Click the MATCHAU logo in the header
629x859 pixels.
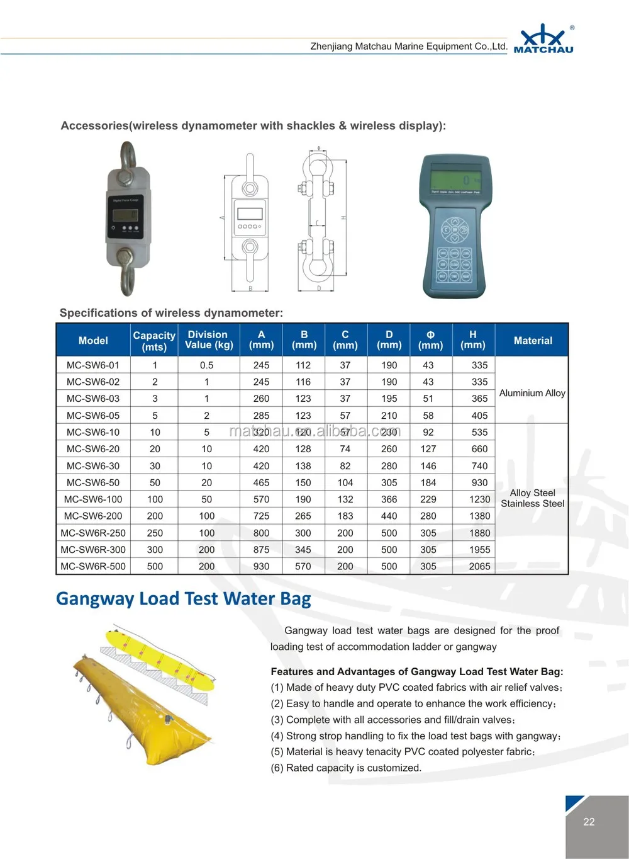coord(543,39)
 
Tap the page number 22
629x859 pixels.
coord(589,822)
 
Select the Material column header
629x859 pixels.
coord(532,341)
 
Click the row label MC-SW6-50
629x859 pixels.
coord(93,482)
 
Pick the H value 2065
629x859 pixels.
coord(479,566)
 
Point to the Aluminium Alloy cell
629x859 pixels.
coord(532,393)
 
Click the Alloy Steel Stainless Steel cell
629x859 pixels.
coord(532,498)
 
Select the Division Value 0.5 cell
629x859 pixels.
coord(206,365)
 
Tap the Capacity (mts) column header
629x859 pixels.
coord(154,341)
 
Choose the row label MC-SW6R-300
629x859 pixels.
coord(93,550)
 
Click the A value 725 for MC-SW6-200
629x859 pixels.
coord(261,516)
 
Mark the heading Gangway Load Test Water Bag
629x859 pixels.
coord(183,598)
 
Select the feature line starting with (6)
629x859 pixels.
coord(346,768)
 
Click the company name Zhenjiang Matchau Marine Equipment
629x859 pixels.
coord(408,47)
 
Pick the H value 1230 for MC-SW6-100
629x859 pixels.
coord(479,499)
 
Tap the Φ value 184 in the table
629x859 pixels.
coord(428,482)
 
